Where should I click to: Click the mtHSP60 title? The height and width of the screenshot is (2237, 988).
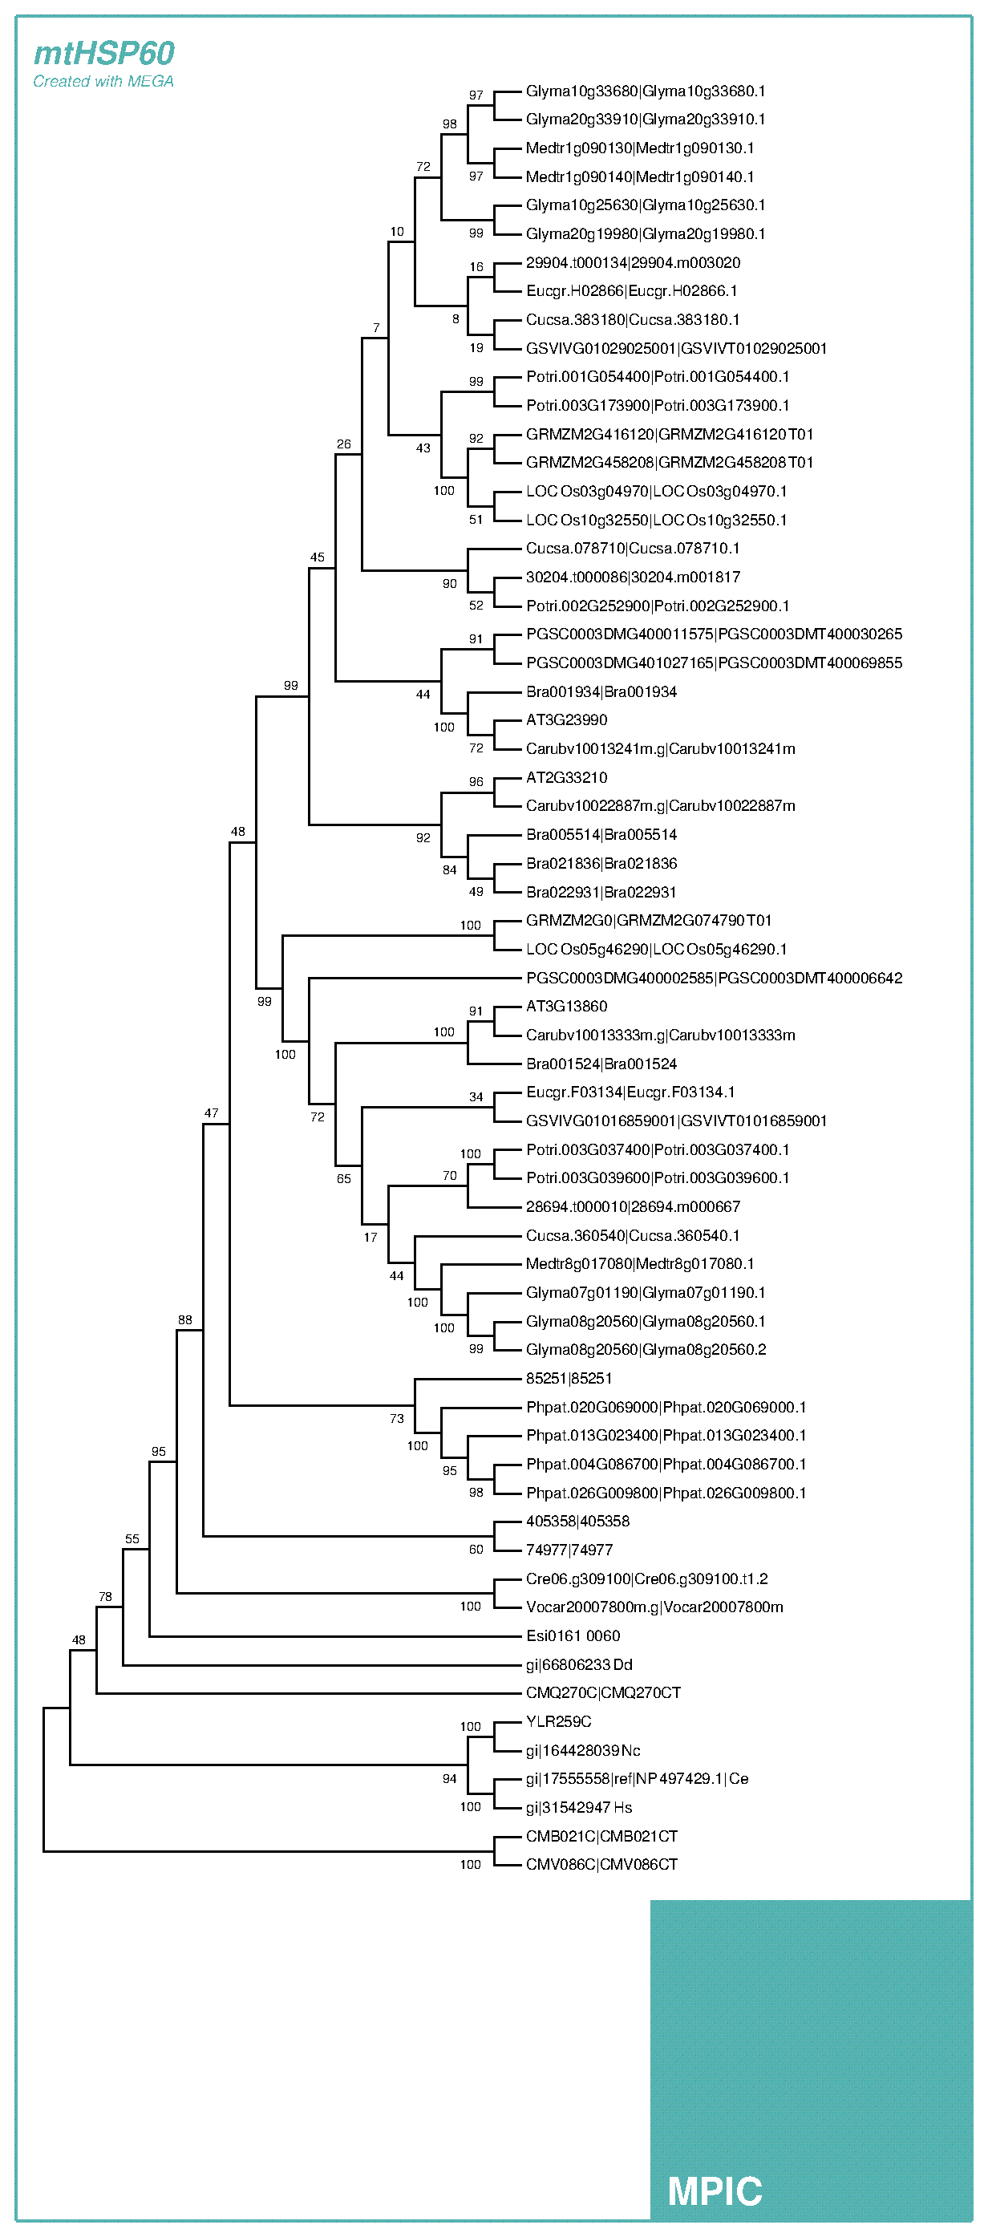pos(104,54)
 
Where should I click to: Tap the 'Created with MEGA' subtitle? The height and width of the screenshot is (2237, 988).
pos(103,82)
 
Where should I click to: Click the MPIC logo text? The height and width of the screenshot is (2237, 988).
pos(715,2190)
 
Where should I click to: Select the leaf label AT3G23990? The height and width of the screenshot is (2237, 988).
pos(567,720)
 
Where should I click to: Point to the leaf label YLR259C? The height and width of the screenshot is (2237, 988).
pos(558,1722)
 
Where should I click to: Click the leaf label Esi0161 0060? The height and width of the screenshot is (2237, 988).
pos(573,1636)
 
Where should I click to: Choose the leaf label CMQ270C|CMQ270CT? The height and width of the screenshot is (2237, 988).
pos(603,1693)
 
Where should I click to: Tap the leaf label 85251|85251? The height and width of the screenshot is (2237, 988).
pos(569,1378)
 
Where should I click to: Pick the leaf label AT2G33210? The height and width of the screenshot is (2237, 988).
pos(567,777)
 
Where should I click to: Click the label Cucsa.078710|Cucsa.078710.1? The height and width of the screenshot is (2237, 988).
pos(633,548)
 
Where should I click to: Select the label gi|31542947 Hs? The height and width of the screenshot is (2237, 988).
pos(579,1807)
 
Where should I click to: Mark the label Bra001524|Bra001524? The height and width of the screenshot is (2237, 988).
pos(601,1064)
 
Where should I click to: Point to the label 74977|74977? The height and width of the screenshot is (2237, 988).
pos(569,1550)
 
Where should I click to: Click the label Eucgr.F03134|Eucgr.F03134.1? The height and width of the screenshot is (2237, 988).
pos(630,1092)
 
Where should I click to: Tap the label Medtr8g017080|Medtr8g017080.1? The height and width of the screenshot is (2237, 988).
pos(640,1263)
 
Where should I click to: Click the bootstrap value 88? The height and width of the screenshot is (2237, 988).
pos(185,1320)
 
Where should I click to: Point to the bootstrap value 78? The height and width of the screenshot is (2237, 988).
pos(105,1596)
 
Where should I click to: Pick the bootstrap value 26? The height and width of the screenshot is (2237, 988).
pos(344,444)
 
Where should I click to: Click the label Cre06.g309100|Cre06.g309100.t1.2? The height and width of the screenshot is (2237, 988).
pos(647,1578)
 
